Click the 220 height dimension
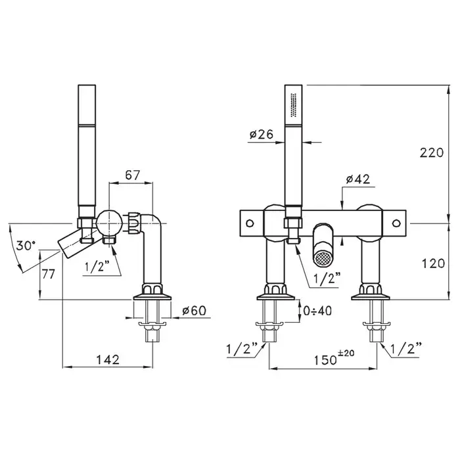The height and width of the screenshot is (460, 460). tap(431, 153)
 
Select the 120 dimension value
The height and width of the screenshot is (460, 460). tap(433, 264)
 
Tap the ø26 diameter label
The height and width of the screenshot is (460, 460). tap(262, 134)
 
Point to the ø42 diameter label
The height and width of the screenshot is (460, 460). tap(358, 179)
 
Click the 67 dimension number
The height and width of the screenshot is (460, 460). tap(133, 175)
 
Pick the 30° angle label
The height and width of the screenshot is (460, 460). tap(26, 245)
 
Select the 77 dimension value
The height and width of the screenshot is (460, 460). tap(48, 274)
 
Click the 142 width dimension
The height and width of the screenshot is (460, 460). tap(108, 359)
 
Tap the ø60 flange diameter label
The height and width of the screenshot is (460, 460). tap(195, 310)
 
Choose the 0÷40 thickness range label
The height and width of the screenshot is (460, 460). tap(317, 310)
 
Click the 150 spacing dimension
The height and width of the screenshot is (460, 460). tap(325, 360)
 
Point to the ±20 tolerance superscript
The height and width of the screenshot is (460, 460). tap(346, 353)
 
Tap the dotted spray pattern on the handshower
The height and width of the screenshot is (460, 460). tap(293, 105)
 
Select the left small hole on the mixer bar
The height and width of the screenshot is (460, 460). tap(250, 223)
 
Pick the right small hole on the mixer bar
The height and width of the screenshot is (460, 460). tap(396, 223)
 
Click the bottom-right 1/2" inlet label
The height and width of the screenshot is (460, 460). tap(406, 348)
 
